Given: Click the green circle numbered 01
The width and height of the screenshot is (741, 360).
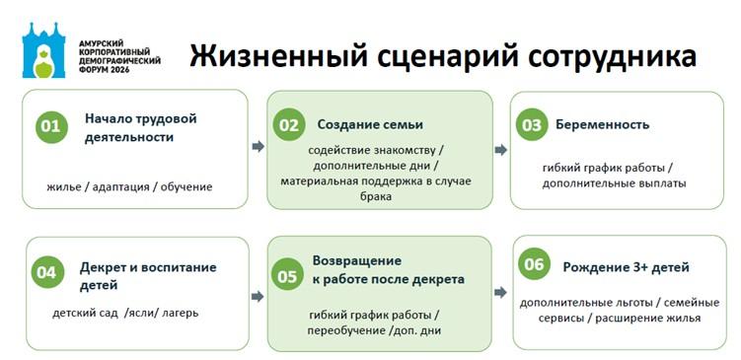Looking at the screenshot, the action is tap(51, 126).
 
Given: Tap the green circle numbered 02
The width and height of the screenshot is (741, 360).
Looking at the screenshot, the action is tap(289, 124).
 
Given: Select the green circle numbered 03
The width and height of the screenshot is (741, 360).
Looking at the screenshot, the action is tap(532, 124).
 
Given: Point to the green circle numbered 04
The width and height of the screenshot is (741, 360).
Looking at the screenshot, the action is tap(46, 272).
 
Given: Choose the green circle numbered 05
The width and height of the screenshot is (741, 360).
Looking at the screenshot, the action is tap(287, 276).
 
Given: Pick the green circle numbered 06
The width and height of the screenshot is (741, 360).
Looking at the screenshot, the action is tap(535, 263).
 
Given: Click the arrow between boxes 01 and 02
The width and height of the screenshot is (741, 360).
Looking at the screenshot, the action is tap(259, 146).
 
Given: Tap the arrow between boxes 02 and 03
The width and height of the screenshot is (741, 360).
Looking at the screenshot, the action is tap(501, 150).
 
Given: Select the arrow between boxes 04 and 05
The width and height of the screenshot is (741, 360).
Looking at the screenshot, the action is tap(258, 296).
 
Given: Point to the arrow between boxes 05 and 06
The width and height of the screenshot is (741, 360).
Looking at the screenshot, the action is tap(500, 293).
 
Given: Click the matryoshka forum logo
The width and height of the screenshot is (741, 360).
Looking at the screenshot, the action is tap(43, 49).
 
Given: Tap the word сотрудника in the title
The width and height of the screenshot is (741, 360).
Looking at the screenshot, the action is tap(612, 57).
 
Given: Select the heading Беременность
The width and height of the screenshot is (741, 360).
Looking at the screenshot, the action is tap(603, 124).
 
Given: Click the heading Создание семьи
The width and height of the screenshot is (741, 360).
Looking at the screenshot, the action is tap(370, 124).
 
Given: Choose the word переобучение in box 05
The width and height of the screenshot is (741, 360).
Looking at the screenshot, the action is tap(346, 330).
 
